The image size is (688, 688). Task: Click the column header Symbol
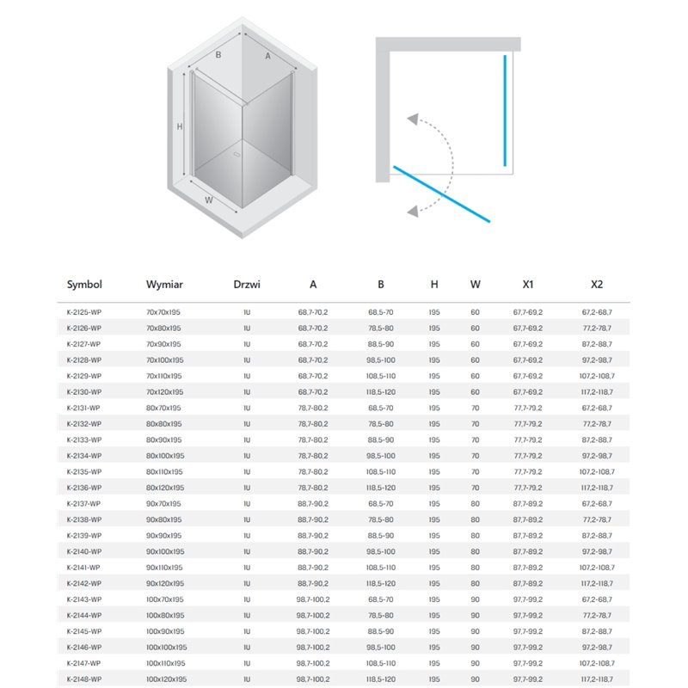[x=84, y=284]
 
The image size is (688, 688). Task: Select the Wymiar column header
[x=163, y=284]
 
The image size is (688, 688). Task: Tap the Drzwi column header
[x=247, y=284]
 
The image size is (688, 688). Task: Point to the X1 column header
[x=528, y=284]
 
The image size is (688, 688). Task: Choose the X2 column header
[x=597, y=284]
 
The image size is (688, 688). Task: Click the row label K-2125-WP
[x=83, y=312]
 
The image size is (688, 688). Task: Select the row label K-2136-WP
[x=83, y=488]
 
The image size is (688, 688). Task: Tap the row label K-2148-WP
[x=83, y=679]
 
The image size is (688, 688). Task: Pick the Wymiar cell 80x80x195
[x=163, y=424]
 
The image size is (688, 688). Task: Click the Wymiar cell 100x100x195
[x=167, y=648]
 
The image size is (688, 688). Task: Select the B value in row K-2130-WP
[x=380, y=392]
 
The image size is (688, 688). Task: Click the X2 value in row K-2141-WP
[x=597, y=568]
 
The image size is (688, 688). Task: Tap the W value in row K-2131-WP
[x=475, y=408]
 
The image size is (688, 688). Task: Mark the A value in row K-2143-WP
[x=312, y=599]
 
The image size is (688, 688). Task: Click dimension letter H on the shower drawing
[x=180, y=126]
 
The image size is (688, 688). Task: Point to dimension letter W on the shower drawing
[x=209, y=200]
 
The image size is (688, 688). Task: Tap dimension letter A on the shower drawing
[x=268, y=57]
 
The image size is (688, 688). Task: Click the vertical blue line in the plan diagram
[x=506, y=109]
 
